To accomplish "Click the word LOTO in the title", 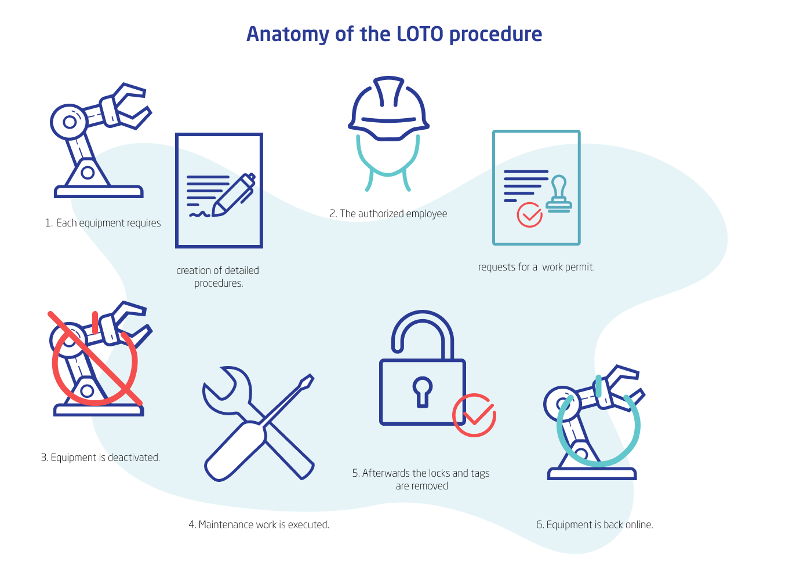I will coord(420,34).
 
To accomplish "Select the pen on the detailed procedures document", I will coord(234,195).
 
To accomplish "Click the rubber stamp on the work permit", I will coord(559,194).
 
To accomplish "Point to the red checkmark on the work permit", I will coord(529,215).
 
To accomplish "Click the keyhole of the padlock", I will coord(422,390).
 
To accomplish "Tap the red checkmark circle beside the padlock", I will coord(474,415).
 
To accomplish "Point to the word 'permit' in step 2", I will coord(580,267).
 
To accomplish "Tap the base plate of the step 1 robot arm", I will coord(99,192).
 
